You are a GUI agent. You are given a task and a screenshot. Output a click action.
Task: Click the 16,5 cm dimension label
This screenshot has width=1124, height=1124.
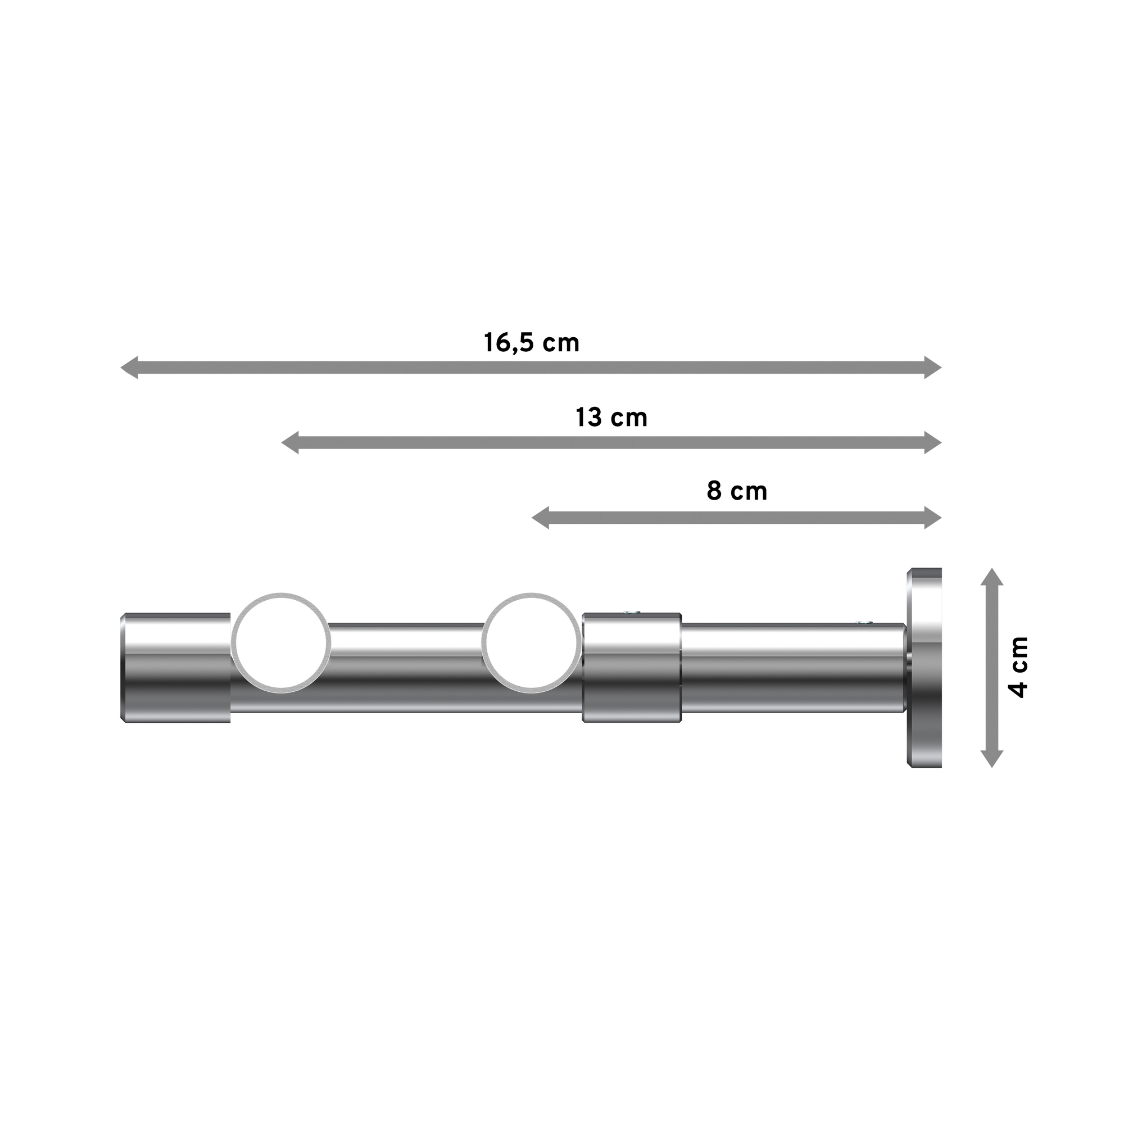point(531,343)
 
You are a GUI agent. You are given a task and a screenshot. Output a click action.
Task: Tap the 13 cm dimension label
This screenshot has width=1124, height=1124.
point(611,418)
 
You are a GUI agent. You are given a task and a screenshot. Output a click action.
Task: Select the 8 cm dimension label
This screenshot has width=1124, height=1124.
point(737,492)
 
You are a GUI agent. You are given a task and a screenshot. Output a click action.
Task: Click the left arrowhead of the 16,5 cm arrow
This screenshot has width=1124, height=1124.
point(129,368)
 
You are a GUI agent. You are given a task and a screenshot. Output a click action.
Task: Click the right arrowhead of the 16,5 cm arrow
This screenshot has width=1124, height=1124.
point(932,368)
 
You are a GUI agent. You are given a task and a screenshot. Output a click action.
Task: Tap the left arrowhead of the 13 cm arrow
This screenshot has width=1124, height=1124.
point(290,443)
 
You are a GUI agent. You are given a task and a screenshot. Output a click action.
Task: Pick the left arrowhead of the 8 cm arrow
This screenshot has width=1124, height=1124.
point(541,518)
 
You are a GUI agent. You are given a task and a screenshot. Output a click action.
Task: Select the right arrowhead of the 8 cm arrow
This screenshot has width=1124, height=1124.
point(932,518)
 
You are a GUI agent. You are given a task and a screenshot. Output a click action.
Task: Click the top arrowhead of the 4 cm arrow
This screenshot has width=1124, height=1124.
point(992,577)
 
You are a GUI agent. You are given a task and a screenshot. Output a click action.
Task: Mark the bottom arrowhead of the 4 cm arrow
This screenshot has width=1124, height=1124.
point(992,759)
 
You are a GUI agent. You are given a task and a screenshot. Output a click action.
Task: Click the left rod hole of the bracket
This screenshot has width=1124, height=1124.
point(282,643)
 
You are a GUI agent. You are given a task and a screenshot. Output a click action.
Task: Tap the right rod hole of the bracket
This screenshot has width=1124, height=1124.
point(531,643)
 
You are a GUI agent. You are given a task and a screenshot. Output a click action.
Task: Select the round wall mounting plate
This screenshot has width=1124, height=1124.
point(924,667)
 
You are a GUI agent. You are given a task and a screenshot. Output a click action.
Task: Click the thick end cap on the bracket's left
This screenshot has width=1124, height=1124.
point(176,667)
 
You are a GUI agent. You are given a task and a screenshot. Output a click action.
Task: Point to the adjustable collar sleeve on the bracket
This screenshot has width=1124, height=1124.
point(632,667)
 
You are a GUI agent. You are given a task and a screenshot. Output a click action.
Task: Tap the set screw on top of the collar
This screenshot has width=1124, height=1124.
point(631,613)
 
